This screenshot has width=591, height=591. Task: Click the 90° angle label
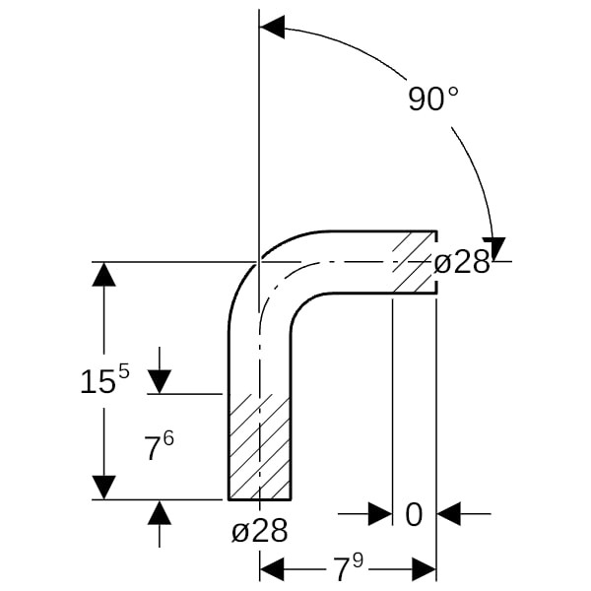[x=433, y=98]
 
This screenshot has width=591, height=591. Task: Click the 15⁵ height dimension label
[x=104, y=379]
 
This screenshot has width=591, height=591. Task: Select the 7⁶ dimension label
[x=159, y=445]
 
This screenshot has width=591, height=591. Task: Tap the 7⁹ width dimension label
[x=348, y=568]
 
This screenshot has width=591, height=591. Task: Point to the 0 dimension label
[x=414, y=515]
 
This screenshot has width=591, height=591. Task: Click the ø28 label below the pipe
[x=260, y=530]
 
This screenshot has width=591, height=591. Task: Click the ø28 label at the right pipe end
[x=462, y=262]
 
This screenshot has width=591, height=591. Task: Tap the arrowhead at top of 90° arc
[x=272, y=28]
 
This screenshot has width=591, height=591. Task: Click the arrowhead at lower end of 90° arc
[x=493, y=249]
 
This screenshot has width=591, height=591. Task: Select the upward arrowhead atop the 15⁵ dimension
[x=103, y=274]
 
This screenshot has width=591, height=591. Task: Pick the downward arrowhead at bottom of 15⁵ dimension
[x=103, y=488]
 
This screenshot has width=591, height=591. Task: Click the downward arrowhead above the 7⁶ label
[x=159, y=382]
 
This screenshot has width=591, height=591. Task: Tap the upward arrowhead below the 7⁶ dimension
[x=159, y=512]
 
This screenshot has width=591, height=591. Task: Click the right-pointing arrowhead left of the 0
[x=380, y=513]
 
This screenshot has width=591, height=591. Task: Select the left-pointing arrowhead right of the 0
[x=448, y=513]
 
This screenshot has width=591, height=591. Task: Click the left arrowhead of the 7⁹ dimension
[x=272, y=569]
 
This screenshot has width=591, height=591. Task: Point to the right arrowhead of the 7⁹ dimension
[x=424, y=569]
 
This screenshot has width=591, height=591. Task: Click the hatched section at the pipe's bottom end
[x=260, y=446]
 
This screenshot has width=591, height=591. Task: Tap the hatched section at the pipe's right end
[x=415, y=262]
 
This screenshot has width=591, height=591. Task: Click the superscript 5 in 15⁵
[x=124, y=372]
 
